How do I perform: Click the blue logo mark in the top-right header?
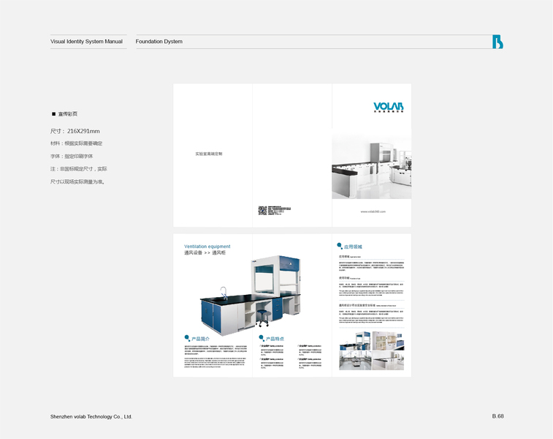pyautogui.click(x=497, y=42)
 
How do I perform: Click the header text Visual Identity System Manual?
pyautogui.click(x=86, y=42)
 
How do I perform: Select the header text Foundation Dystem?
pyautogui.click(x=159, y=42)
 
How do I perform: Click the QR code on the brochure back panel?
pyautogui.click(x=262, y=211)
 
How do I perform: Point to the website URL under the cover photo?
pyautogui.click(x=372, y=211)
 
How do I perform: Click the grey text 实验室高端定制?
pyautogui.click(x=209, y=154)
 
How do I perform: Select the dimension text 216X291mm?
pyautogui.click(x=83, y=131)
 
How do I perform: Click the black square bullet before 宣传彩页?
pyautogui.click(x=53, y=114)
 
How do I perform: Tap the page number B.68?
pyautogui.click(x=497, y=416)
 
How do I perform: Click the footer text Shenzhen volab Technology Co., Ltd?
pyautogui.click(x=91, y=416)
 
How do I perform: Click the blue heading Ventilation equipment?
pyautogui.click(x=207, y=247)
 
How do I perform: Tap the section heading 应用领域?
pyautogui.click(x=354, y=247)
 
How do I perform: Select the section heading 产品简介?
pyautogui.click(x=200, y=339)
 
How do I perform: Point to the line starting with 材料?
pyautogui.click(x=76, y=143)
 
